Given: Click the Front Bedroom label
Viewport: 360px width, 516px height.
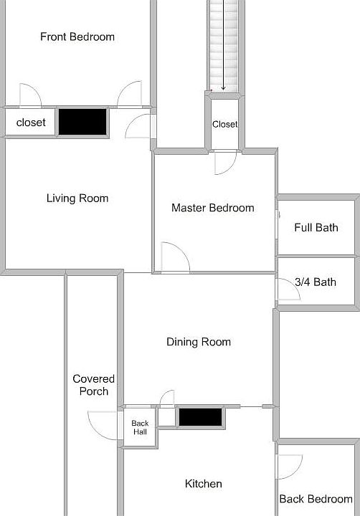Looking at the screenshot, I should [x=77, y=37].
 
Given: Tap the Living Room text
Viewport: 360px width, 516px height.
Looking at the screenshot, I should [x=77, y=199].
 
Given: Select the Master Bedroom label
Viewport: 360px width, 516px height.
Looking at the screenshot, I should [x=212, y=208].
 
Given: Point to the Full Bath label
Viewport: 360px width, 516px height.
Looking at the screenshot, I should [x=316, y=228].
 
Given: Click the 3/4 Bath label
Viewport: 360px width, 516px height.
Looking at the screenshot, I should [x=316, y=282].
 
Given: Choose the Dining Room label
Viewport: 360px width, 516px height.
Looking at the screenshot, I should [x=199, y=342].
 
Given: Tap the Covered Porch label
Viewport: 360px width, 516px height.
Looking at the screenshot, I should [x=93, y=385].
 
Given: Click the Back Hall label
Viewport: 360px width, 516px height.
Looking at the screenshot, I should [x=140, y=428].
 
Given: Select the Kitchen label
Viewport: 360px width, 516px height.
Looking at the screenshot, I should [x=204, y=484].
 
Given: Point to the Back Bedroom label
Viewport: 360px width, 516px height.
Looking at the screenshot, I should [x=316, y=499].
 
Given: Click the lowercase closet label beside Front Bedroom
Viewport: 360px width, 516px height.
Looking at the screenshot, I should [x=31, y=123].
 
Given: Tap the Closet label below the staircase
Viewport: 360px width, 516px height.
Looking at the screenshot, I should [x=224, y=124].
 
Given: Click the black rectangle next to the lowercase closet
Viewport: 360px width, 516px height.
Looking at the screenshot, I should [x=82, y=121].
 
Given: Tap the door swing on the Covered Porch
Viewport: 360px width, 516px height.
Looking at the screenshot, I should [x=100, y=424].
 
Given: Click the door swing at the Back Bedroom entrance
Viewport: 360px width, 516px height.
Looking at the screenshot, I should [x=288, y=467].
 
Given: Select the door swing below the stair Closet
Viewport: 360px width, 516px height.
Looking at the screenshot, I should [x=224, y=163].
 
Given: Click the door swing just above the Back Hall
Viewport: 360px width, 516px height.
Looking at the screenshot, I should [x=166, y=398].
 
